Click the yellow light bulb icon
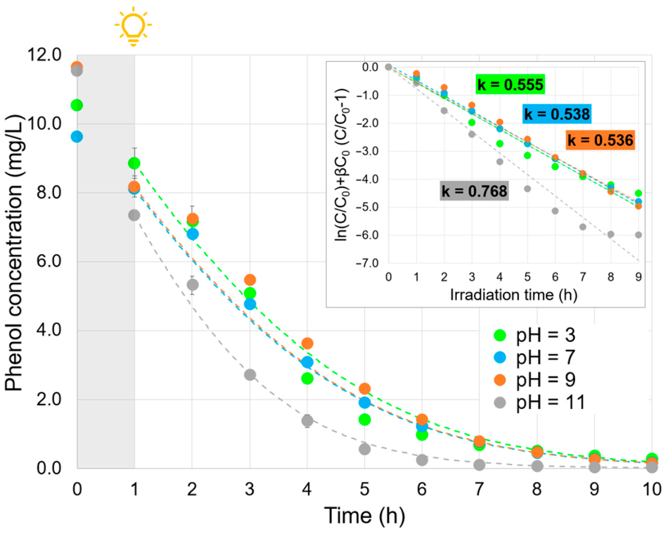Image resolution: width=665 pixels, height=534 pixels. (x=133, y=26)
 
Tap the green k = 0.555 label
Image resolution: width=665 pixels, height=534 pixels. (x=510, y=84)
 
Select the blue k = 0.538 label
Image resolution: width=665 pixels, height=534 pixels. (x=557, y=114)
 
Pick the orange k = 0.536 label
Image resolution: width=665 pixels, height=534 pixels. (x=600, y=140)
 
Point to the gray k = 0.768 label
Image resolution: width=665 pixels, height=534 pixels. (x=474, y=191)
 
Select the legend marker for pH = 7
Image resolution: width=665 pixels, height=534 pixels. (x=500, y=357)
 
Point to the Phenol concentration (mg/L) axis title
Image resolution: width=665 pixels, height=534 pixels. (x=14, y=253)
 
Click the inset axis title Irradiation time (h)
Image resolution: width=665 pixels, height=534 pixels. (x=514, y=295)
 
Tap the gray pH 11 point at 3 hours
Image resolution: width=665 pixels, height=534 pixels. (x=250, y=375)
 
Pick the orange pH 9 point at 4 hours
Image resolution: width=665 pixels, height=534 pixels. (x=307, y=343)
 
